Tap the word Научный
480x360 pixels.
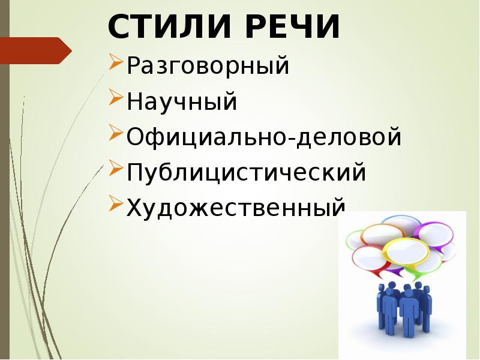tap(182, 102)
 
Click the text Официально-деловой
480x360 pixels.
tap(263, 137)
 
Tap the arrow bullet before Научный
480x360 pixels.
tap(116, 98)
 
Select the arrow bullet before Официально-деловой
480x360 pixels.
tap(116, 133)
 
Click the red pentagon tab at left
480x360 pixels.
tap(36, 50)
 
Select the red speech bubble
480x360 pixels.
tap(368, 259)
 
